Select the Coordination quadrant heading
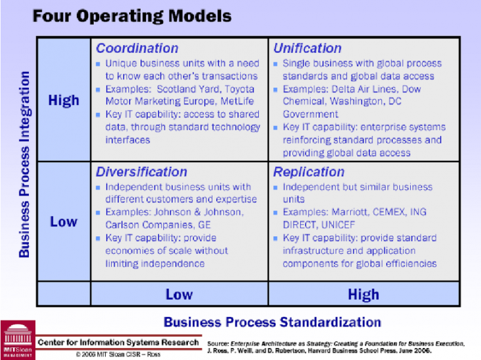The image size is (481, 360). (x=137, y=48)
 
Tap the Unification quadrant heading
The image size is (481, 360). (x=307, y=48)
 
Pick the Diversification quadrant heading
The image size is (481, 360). (x=141, y=172)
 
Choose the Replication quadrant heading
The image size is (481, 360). (x=309, y=172)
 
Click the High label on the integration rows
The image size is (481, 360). (x=64, y=100)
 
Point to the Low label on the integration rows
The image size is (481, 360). (x=64, y=222)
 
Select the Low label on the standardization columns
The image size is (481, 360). (x=178, y=294)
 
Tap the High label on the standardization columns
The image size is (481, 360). (x=363, y=294)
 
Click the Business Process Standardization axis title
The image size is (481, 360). (x=272, y=322)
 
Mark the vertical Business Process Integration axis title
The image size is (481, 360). (x=24, y=164)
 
